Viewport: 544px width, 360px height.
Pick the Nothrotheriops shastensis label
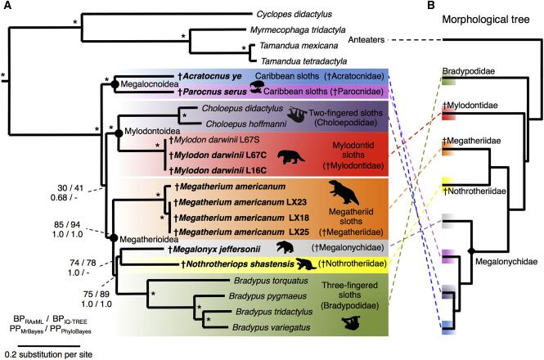point(232,264)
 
